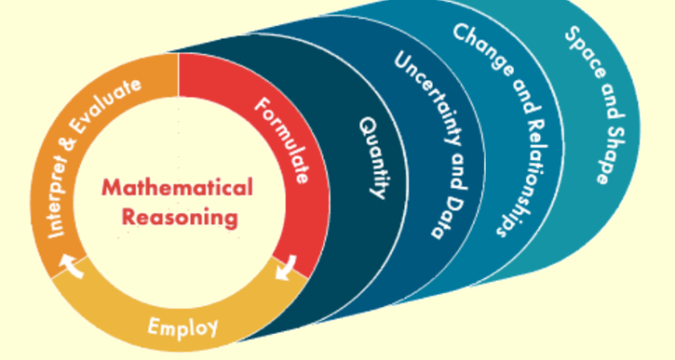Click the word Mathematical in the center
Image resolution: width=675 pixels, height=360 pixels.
click(177, 188)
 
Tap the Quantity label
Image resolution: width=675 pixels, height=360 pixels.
click(373, 157)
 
